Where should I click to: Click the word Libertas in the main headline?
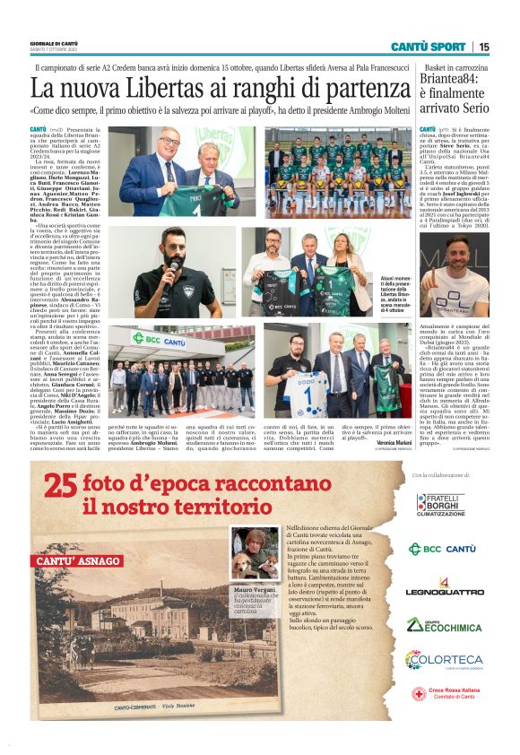coord(171,89)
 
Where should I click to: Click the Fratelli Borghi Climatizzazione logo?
coord(440,505)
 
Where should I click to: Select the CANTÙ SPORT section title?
coord(428,47)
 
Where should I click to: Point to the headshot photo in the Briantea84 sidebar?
coord(454,274)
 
